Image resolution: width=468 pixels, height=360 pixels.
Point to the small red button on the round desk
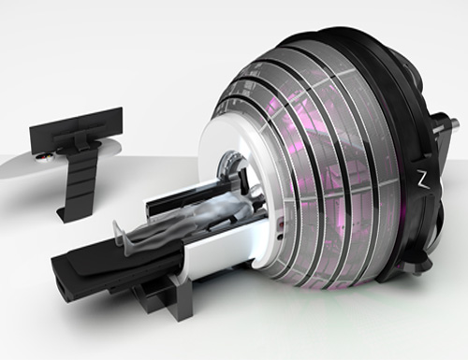pyautogui.click(x=43, y=160)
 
